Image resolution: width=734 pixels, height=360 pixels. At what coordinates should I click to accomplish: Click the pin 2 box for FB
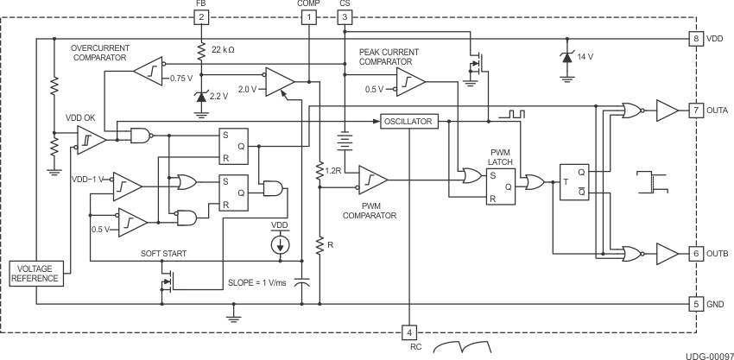coord(201,16)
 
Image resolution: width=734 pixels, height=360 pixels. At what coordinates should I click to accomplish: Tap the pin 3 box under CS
coord(345,16)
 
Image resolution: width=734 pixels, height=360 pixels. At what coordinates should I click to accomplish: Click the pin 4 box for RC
coord(409,332)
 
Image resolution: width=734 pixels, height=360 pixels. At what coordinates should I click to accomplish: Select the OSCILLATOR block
coord(408,122)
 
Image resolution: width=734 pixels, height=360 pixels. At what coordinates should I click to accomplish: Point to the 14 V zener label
coord(586,56)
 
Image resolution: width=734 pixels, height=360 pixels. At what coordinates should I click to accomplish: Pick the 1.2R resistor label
coord(336,169)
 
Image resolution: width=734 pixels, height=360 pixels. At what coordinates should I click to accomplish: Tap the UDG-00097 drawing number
coord(710,354)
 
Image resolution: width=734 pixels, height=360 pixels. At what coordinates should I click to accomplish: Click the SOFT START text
coord(165,254)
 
